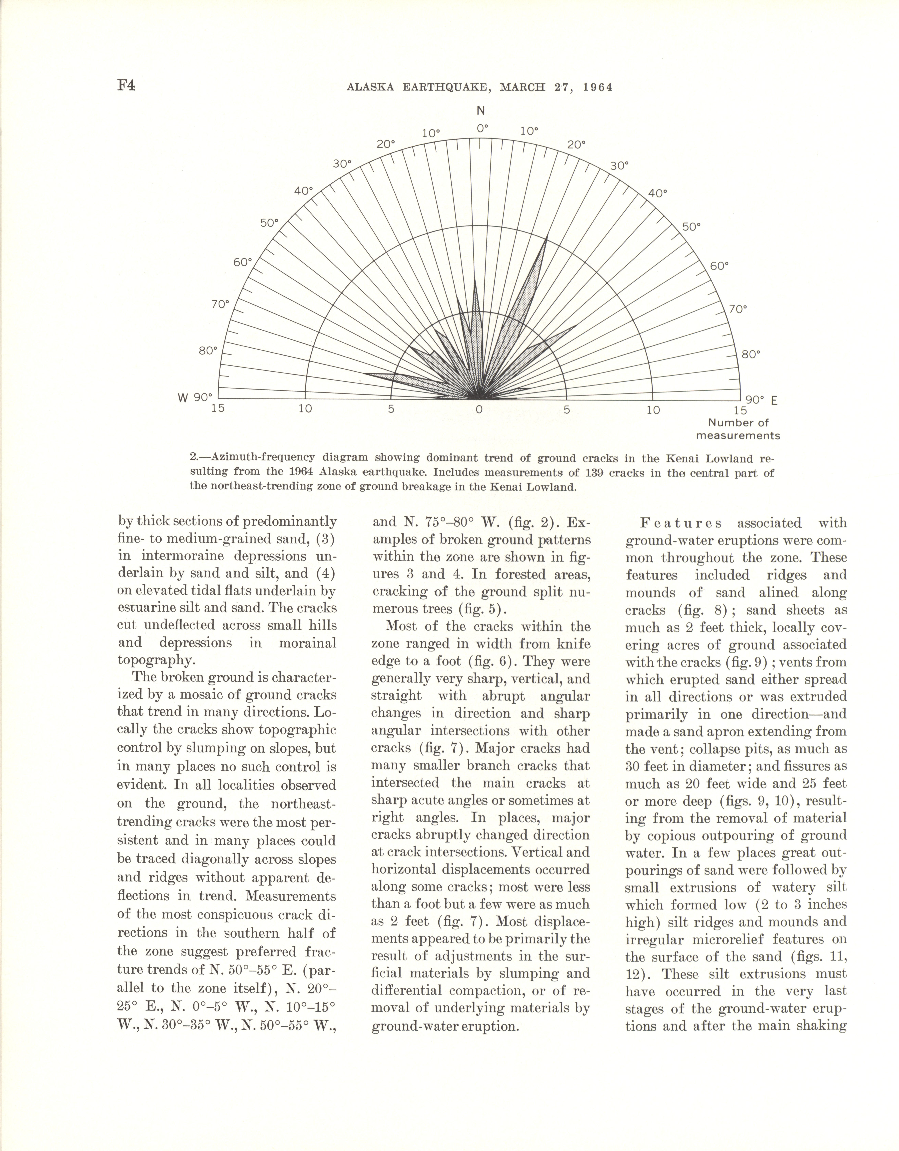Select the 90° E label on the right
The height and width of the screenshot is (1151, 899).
762,401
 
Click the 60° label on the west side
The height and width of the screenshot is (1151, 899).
243,262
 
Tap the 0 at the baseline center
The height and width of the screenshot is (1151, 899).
478,409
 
